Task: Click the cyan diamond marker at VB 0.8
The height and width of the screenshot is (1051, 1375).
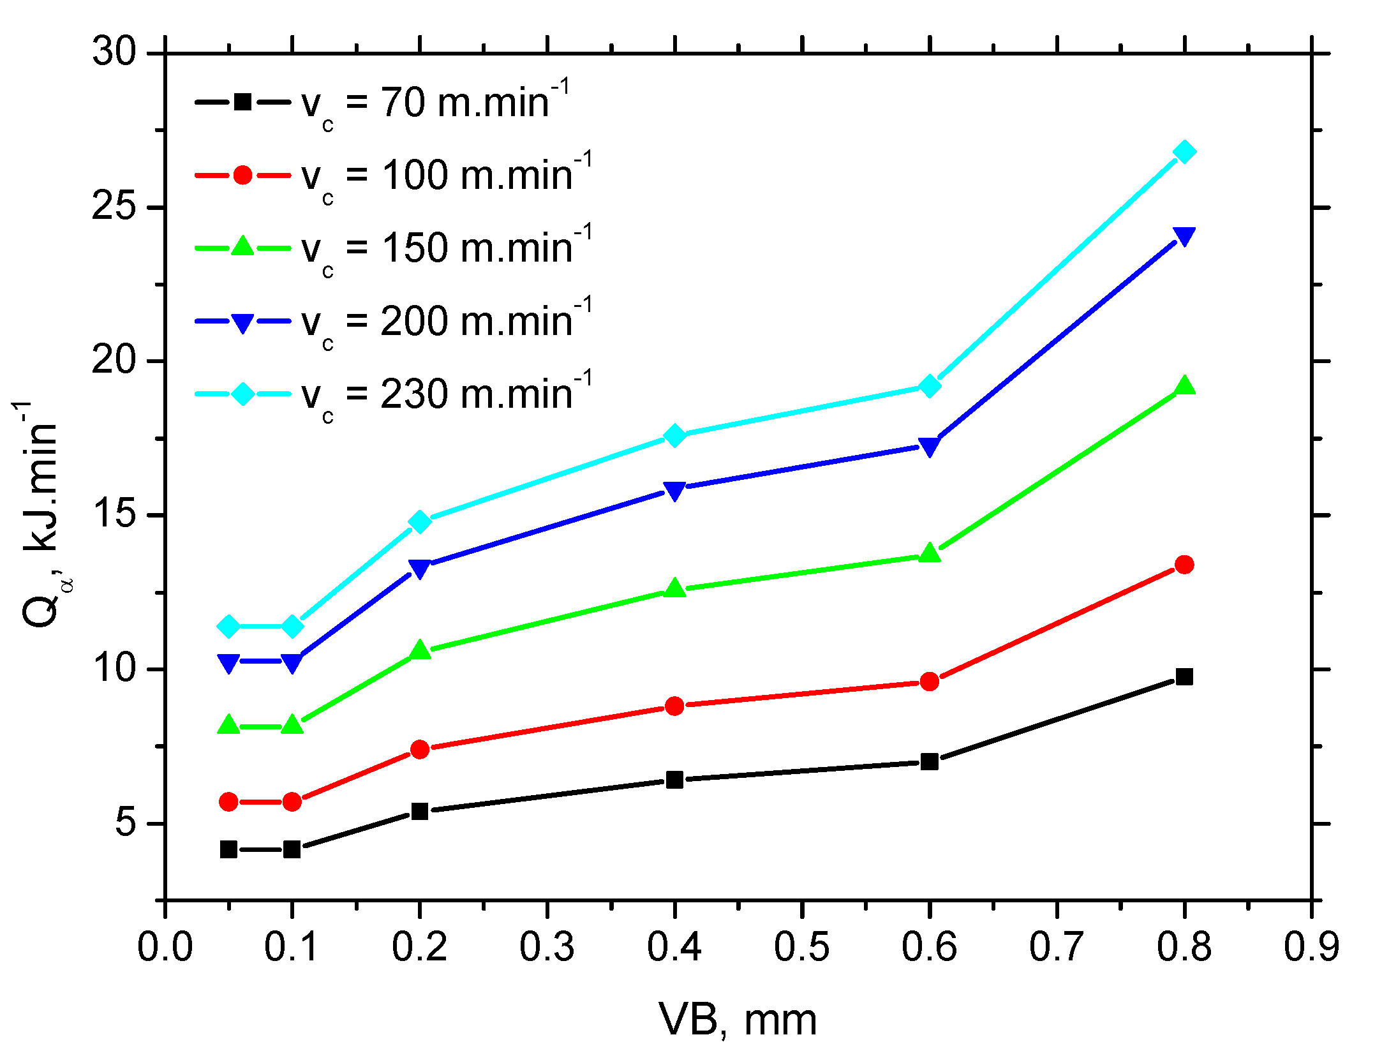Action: [1185, 152]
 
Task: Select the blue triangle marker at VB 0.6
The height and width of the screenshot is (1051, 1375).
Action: [930, 447]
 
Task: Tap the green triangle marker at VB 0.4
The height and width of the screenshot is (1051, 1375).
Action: [674, 588]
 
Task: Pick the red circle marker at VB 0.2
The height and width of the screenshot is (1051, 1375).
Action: [420, 749]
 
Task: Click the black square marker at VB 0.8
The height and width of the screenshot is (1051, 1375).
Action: [1185, 676]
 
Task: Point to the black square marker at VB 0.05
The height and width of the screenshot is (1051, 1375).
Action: [228, 849]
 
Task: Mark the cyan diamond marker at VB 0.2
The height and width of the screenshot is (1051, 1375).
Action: [420, 521]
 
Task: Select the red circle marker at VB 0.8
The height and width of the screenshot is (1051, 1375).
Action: [1185, 564]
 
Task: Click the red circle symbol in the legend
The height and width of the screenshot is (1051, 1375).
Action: [242, 175]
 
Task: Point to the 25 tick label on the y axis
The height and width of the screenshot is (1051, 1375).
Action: [115, 207]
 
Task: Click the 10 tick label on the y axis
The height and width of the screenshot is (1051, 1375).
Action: [115, 668]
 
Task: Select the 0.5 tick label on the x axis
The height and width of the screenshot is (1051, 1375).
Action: [802, 946]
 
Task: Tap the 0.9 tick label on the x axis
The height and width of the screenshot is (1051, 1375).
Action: [1311, 946]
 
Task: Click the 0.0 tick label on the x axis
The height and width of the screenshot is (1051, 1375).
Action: [165, 946]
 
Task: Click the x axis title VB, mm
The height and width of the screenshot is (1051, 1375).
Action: [738, 1020]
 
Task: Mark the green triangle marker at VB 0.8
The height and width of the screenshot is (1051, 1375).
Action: [1185, 385]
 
